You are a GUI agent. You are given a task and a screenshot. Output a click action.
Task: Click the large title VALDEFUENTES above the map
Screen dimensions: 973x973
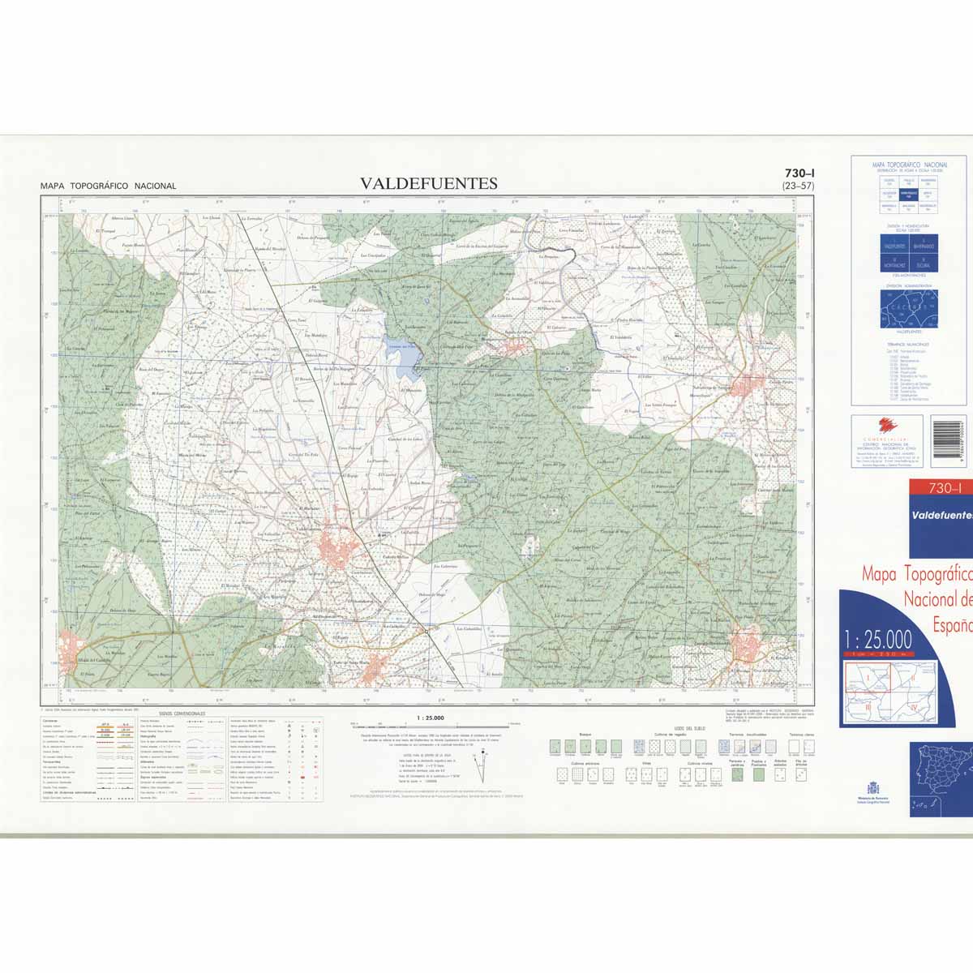pyautogui.click(x=429, y=183)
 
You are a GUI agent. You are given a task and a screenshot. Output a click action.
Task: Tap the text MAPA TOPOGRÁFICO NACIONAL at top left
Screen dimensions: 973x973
pyautogui.click(x=108, y=186)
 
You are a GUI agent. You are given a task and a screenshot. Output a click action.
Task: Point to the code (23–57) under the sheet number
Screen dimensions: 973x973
pyautogui.click(x=798, y=186)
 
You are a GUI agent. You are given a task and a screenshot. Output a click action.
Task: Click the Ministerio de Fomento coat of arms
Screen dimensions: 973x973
pyautogui.click(x=873, y=787)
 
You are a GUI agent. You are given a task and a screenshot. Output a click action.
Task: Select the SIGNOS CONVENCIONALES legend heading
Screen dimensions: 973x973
pyautogui.click(x=182, y=714)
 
